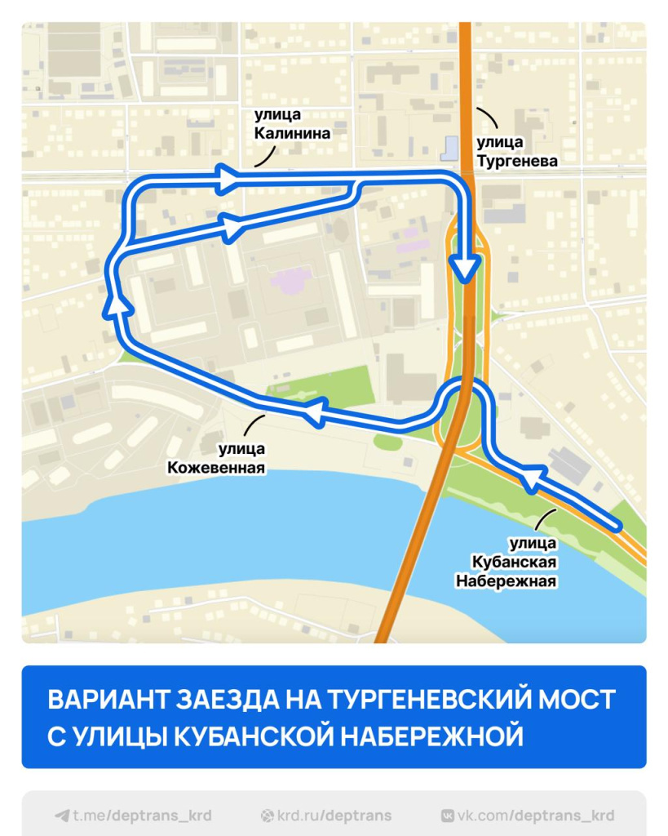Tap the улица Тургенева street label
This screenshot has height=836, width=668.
[517, 152]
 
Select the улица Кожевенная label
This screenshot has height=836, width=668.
[217, 458]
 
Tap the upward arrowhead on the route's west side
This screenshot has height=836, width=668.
[119, 303]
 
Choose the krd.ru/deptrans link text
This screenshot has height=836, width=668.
[334, 815]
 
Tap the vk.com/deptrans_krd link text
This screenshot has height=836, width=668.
[536, 815]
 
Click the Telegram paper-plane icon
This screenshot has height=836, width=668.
[62, 815]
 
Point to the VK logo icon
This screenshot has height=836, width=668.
[448, 815]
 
